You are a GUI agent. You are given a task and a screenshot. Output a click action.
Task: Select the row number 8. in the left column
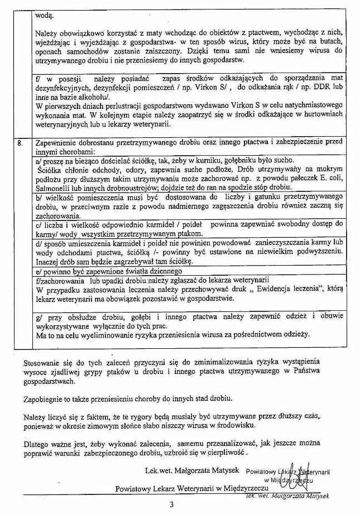pos(20,142)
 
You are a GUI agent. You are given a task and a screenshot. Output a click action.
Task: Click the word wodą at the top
pos(44,16)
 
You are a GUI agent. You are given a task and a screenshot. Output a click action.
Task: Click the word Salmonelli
pos(52,188)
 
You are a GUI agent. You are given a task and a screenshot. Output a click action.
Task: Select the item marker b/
pos(39,197)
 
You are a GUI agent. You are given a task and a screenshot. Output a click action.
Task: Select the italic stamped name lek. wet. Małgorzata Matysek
pos(289,496)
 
